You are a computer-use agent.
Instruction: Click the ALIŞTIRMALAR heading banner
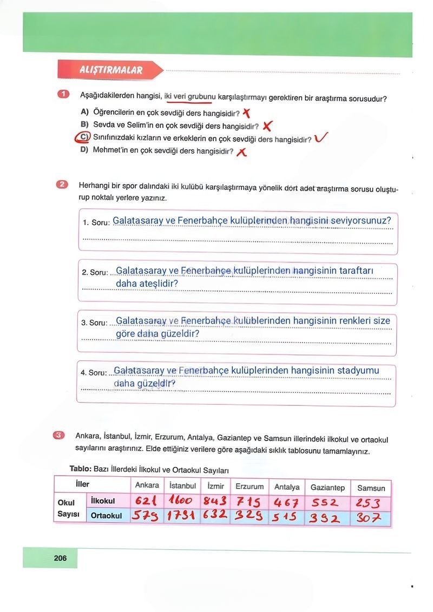pyautogui.click(x=110, y=70)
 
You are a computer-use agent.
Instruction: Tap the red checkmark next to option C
pyautogui.click(x=321, y=138)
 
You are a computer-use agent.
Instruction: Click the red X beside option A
pyautogui.click(x=247, y=113)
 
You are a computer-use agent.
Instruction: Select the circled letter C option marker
pyautogui.click(x=83, y=137)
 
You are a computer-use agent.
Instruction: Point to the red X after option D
pyautogui.click(x=241, y=152)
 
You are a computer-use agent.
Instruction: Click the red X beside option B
pyautogui.click(x=267, y=126)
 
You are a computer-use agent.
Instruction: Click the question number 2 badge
pyautogui.click(x=62, y=185)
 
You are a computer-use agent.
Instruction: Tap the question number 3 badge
pyautogui.click(x=60, y=435)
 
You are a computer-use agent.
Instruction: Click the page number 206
pyautogui.click(x=60, y=558)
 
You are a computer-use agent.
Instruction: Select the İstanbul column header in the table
pyautogui.click(x=182, y=485)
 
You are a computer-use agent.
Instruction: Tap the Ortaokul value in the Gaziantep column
pyautogui.click(x=327, y=518)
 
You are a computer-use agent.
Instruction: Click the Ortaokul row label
pyautogui.click(x=106, y=516)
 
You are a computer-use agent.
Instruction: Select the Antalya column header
pyautogui.click(x=287, y=486)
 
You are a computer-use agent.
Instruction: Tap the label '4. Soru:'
pyautogui.click(x=94, y=372)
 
